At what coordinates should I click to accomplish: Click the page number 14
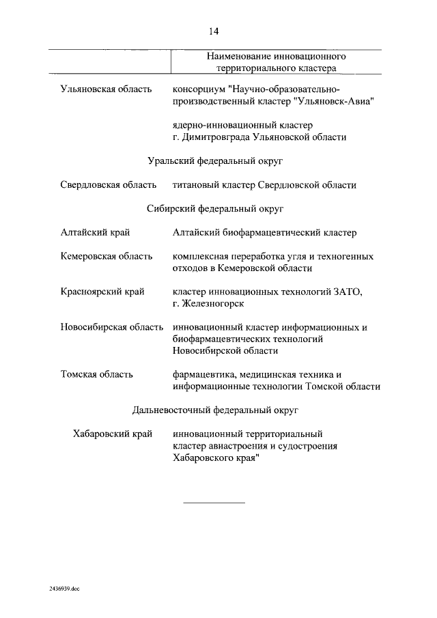coord(213,31)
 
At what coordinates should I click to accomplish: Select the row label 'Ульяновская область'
coord(106,89)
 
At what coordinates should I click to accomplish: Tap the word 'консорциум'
coord(200,89)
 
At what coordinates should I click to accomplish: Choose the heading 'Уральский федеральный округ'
coord(215,161)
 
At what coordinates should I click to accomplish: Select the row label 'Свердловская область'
coord(108,185)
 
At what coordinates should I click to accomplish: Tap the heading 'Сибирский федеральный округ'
coord(215,208)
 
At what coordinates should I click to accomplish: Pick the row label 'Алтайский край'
coord(95,233)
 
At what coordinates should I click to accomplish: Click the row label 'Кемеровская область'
coord(106,257)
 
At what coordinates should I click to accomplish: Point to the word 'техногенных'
coord(346,257)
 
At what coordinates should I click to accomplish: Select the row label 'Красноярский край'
coord(102,292)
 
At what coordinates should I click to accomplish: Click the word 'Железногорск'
coord(214,304)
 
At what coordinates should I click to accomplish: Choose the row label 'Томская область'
coord(96,374)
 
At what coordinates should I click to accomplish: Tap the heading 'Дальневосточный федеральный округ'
coord(215,410)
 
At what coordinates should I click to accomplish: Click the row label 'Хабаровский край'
coord(112,434)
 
